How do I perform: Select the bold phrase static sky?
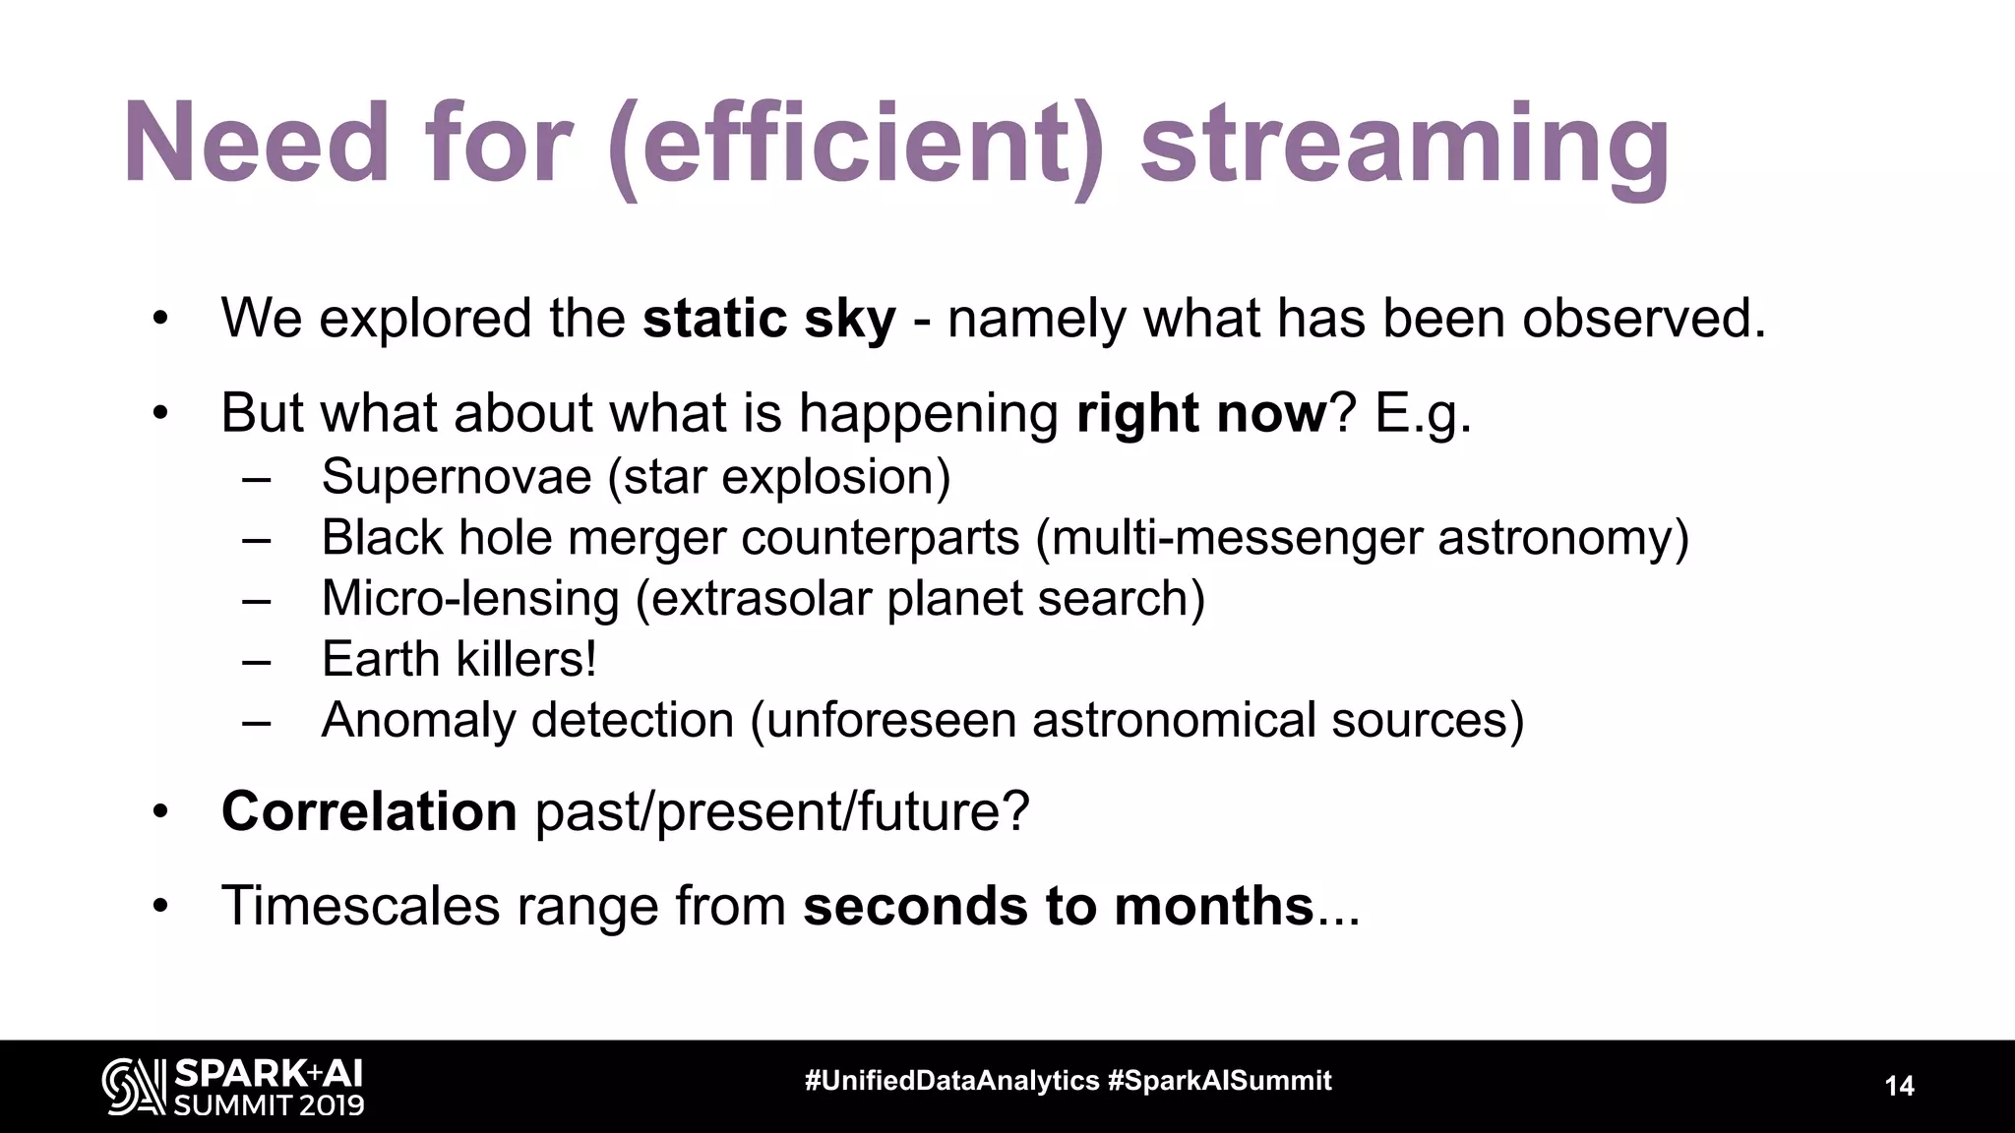768,319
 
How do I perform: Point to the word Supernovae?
456,477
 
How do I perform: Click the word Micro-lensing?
469,598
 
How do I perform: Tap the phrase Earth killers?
458,659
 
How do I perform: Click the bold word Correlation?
369,811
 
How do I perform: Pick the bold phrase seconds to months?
1059,905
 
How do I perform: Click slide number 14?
1899,1087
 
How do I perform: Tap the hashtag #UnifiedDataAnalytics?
951,1081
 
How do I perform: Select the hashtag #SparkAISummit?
1219,1081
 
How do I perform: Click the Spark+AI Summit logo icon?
134,1087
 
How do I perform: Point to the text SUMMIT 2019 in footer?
269,1104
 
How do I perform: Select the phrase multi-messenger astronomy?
1362,538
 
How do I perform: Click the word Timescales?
360,905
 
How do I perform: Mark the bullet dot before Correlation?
161,812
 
